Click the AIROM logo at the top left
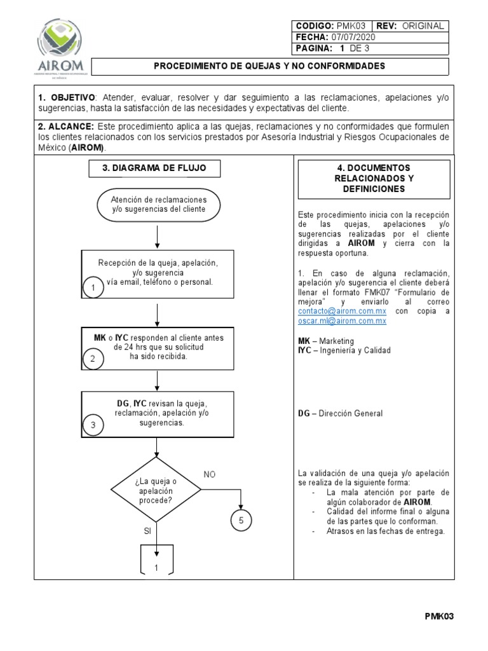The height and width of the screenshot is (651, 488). (x=61, y=46)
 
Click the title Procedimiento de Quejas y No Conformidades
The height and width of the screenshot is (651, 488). (x=270, y=66)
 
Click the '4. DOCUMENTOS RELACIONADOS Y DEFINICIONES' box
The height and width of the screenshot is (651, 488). (x=374, y=179)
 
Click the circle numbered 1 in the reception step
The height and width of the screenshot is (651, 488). (x=93, y=289)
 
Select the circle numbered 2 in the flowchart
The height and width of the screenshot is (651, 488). (x=93, y=359)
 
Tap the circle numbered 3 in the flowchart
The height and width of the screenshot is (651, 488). (x=93, y=426)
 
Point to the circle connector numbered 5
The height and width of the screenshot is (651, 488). (x=241, y=520)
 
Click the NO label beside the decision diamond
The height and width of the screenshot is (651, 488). (x=210, y=474)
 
